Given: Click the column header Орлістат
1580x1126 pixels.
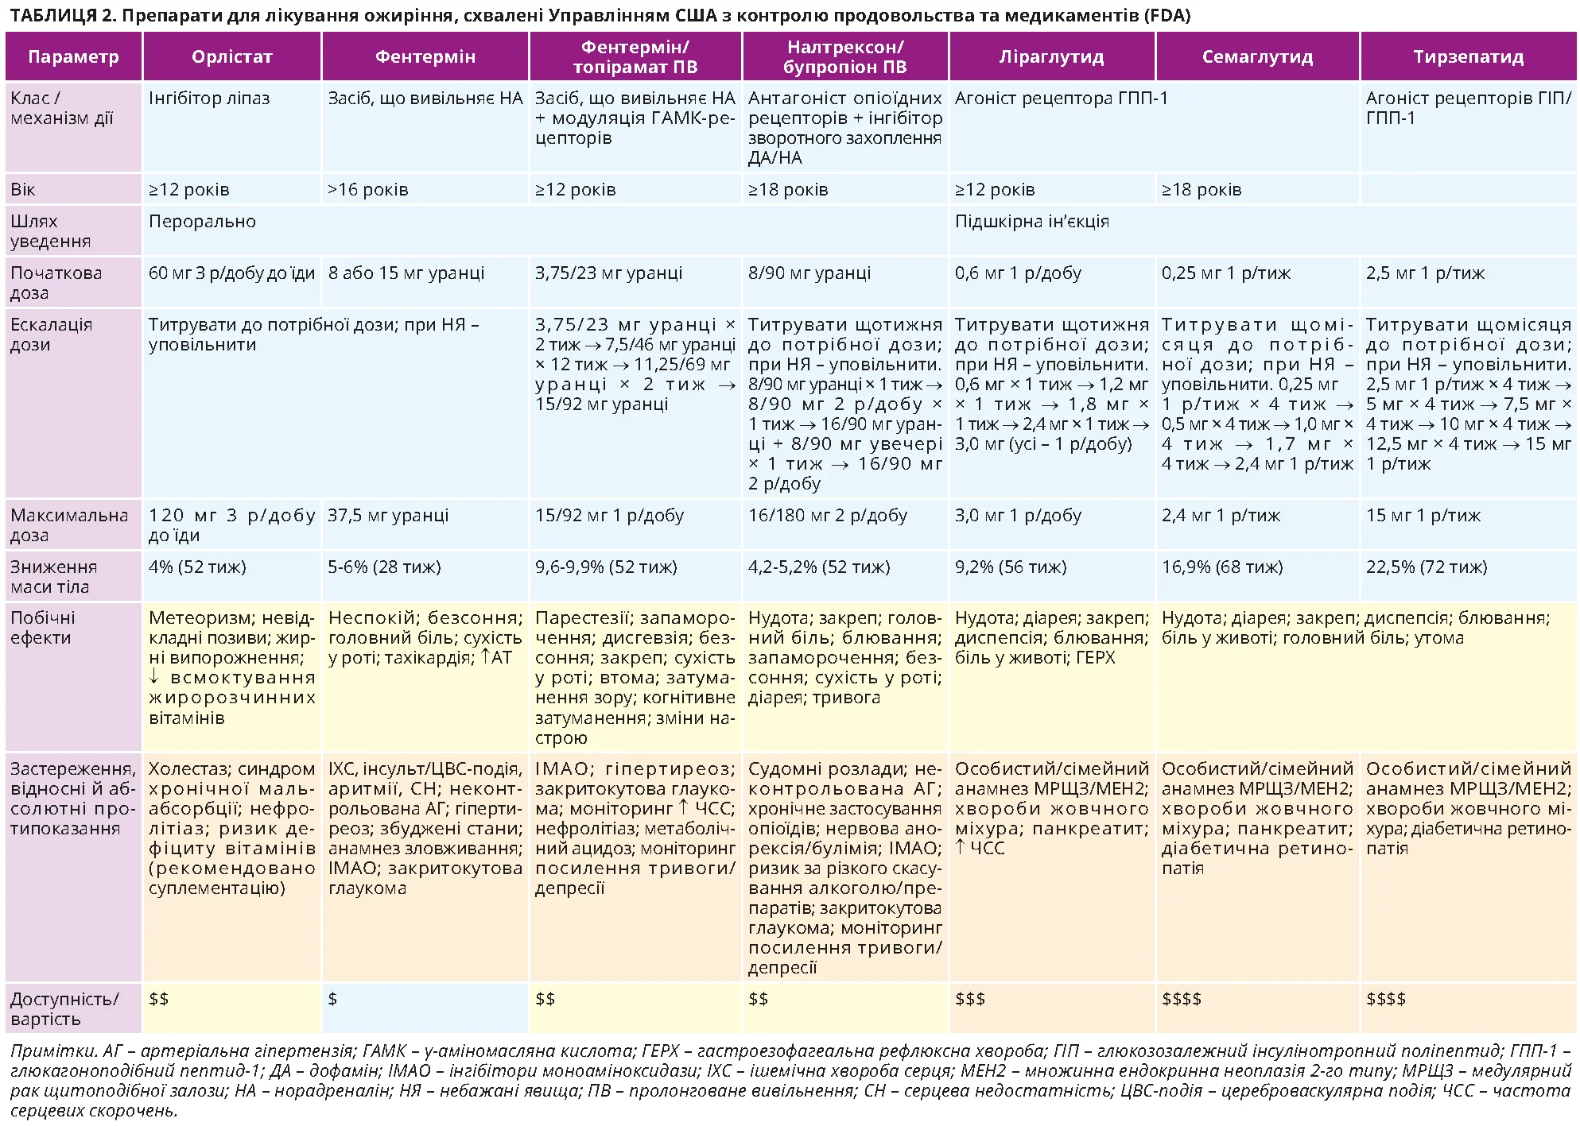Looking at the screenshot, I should coord(231,57).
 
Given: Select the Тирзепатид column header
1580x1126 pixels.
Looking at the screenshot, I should coord(1468,57).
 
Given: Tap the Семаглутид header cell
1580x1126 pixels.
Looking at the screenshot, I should coord(1257,57).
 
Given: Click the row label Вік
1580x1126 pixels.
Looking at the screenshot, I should coord(23,190).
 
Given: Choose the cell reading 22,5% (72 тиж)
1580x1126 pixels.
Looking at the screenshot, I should coord(1426,567).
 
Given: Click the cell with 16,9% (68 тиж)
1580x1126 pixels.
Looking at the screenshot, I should coord(1222,567).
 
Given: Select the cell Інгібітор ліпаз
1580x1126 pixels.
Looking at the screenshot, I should coord(209,99).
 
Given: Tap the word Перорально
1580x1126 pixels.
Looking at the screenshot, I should coord(202,222).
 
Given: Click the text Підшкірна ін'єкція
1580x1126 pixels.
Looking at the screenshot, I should coord(1031,222).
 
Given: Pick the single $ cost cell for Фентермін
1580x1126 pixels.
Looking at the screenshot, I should coord(332,1000).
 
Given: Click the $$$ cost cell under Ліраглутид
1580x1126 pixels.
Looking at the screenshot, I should coord(969,1000).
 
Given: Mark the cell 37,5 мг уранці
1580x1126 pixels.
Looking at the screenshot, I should coord(388,516).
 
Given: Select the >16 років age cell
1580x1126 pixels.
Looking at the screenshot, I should coord(368,190).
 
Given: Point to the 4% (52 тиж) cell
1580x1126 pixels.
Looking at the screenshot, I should coord(197,567).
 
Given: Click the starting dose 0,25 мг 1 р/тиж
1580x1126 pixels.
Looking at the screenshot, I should coord(1225,273).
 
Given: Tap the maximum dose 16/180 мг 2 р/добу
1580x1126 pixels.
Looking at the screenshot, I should coord(827,516).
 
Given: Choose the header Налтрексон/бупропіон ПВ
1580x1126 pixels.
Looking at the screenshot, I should coord(844,57).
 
